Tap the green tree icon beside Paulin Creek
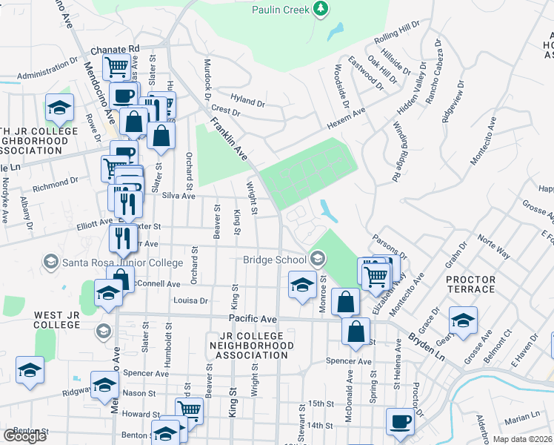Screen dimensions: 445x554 coord(321,9)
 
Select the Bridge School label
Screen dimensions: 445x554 coord(274,260)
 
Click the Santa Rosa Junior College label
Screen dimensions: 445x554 coord(123,263)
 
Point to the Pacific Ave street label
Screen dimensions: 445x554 coord(252,318)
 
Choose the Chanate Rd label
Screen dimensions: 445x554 coord(115,49)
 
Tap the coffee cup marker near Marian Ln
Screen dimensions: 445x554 coord(401,421)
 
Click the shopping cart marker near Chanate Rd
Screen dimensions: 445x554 coord(116,67)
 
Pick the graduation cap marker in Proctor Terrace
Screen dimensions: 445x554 coord(464,320)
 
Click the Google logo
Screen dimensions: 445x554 coord(24,436)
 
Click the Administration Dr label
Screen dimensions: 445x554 coord(47,75)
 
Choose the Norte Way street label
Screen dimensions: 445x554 coord(493,247)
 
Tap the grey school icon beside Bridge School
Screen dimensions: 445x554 coord(318,258)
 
